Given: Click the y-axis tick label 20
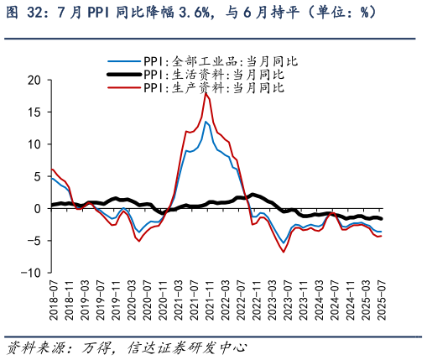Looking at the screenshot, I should (x=33, y=80).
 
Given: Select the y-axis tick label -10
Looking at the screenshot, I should (x=30, y=273).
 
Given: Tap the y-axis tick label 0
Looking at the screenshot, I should (x=36, y=208).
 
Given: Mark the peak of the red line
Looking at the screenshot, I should (x=206, y=92).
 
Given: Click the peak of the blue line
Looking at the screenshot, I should (x=206, y=122).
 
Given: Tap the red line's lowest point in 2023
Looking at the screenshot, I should (x=284, y=252).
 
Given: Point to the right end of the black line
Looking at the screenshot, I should (x=382, y=218).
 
